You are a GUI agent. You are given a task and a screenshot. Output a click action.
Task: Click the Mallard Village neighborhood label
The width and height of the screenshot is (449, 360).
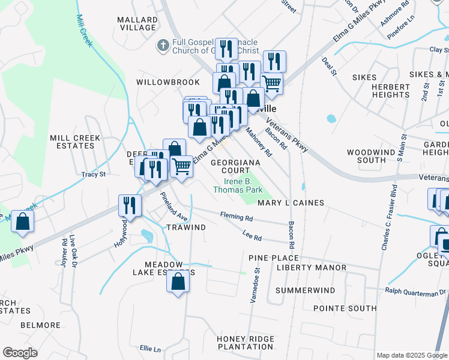tap(138, 23)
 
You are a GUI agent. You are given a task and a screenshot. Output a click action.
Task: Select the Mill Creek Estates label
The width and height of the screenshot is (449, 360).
tap(75, 142)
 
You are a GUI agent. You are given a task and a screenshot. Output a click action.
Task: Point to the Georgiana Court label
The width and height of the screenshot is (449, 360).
tap(235, 166)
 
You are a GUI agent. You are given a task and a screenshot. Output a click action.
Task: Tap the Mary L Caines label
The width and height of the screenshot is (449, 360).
tap(291, 203)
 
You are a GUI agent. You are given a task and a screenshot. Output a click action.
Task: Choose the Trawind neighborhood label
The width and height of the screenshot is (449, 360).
tap(186, 227)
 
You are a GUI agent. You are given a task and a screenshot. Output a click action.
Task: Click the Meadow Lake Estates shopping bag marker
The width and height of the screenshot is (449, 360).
tap(178, 281)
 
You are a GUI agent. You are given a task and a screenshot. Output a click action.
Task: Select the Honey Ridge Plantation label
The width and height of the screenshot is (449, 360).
tap(245, 343)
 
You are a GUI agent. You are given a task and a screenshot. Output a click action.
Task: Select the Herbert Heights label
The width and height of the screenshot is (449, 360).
tap(390, 91)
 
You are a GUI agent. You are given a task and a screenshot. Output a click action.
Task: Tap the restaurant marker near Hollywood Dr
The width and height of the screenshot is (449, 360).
tap(130, 206)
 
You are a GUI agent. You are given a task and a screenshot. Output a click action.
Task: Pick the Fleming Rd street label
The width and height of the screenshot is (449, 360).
tap(236, 216)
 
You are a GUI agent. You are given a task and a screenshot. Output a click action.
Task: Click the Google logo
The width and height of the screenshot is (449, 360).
tap(20, 353)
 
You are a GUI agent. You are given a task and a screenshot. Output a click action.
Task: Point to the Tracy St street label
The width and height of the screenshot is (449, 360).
tap(94, 175)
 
